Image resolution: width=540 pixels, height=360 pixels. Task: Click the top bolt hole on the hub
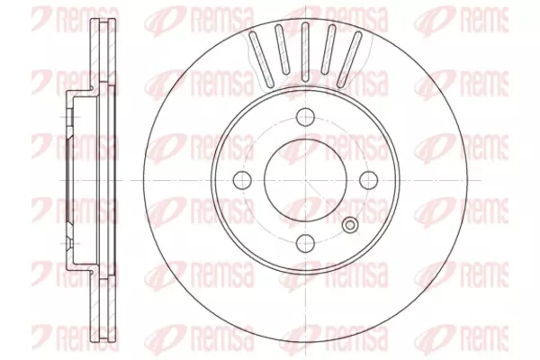click(306, 116)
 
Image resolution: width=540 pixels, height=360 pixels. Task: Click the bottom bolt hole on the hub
click(306, 243)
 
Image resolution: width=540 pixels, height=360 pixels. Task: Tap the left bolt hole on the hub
click(242, 180)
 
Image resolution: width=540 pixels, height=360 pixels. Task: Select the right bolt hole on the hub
click(369, 180)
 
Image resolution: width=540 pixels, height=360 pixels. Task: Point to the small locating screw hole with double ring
click(350, 225)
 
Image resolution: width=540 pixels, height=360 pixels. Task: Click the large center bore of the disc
click(305, 180)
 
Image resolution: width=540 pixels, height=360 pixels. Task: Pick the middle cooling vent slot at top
click(305, 51)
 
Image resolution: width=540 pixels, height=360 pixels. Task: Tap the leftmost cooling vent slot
click(261, 58)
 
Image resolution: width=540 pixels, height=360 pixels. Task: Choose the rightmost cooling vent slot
click(349, 58)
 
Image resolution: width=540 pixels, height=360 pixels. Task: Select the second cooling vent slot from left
click(282, 50)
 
